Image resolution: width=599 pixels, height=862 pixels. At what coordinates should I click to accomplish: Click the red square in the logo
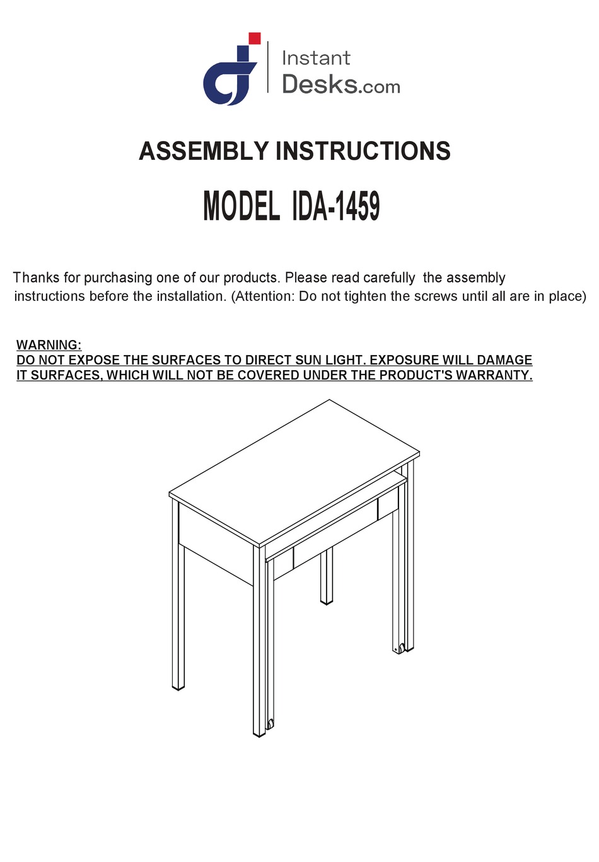255,38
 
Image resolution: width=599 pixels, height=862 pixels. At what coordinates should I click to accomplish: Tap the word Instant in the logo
315,58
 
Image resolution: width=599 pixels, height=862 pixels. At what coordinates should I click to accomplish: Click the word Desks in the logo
320,84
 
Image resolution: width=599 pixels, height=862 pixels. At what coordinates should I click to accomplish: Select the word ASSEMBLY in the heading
204,151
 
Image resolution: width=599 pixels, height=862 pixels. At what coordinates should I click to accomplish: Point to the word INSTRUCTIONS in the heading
363,151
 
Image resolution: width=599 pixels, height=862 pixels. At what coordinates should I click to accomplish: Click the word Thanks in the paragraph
37,278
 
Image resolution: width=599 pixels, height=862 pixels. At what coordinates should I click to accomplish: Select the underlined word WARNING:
49,345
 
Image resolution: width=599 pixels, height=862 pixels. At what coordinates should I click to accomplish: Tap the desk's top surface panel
294,472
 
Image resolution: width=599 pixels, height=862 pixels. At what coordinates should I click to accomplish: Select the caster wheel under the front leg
270,723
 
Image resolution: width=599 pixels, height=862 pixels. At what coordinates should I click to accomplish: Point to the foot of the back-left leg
178,686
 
